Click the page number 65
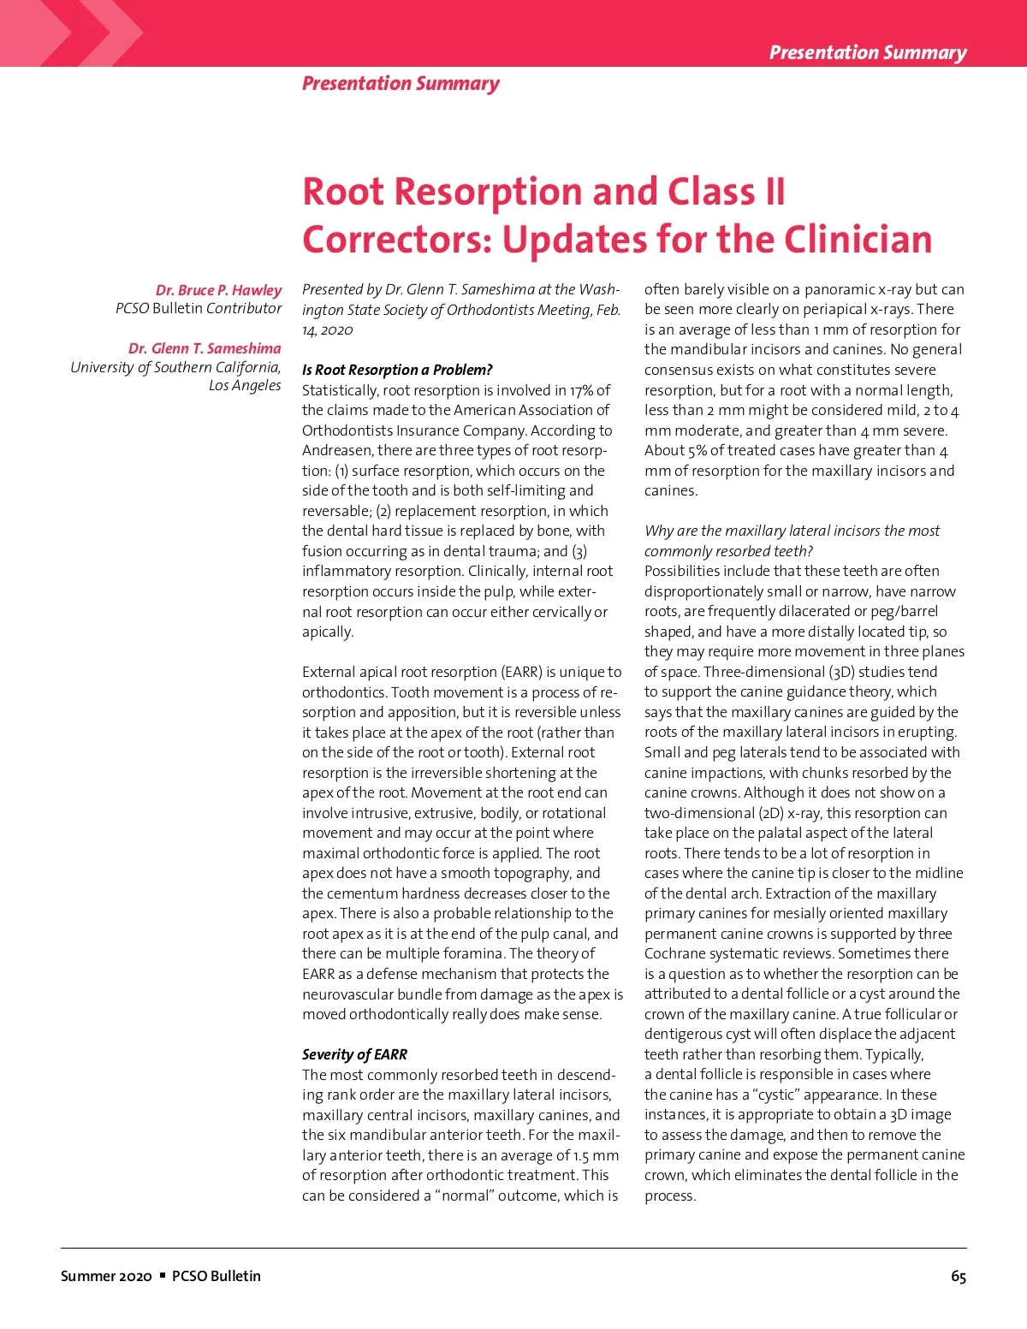[x=959, y=1276]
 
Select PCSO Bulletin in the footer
[x=217, y=1276]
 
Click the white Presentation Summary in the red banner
[x=867, y=52]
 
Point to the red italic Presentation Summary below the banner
[x=401, y=84]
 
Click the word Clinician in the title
[x=858, y=239]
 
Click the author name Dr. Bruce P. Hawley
[x=218, y=290]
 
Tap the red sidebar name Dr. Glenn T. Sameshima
[x=205, y=348]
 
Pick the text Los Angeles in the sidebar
[x=245, y=386]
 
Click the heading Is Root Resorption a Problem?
[x=397, y=370]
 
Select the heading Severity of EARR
[x=354, y=1054]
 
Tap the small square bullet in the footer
[x=163, y=1275]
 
